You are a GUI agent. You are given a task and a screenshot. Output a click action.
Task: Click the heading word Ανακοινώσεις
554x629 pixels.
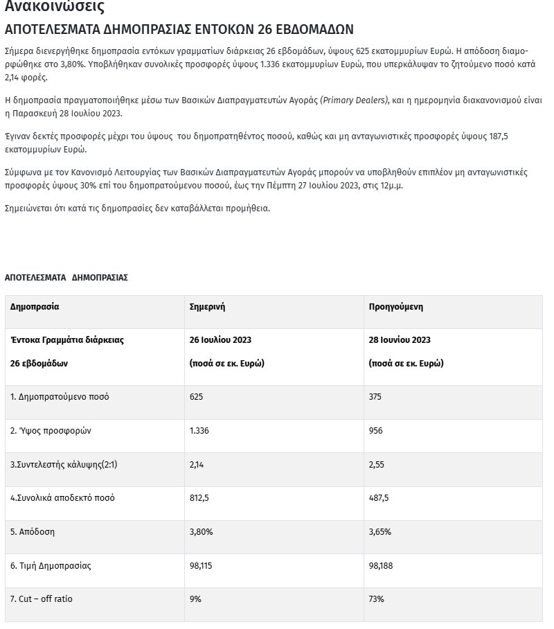click(55, 8)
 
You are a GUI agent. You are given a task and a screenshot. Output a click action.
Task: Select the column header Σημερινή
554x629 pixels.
click(208, 306)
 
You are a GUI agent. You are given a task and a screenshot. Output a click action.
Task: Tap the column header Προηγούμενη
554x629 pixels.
click(396, 306)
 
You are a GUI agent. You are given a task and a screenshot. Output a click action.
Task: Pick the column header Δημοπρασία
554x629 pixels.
click(35, 306)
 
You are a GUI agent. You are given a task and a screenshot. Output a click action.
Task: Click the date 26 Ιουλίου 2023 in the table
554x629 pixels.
click(220, 340)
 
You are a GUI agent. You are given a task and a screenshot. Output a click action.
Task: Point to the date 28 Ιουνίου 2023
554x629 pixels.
click(400, 340)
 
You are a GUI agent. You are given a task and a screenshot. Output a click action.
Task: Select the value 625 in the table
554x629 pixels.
click(197, 397)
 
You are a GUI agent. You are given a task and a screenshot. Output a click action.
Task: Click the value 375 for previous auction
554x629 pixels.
click(376, 397)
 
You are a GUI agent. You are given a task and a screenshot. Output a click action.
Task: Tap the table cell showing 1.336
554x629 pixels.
click(200, 431)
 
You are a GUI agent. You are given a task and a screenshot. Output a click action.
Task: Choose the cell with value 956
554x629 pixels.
click(376, 431)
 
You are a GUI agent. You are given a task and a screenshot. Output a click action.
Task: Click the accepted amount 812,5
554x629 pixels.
click(200, 499)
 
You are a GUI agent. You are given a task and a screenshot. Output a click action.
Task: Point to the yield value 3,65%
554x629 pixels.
click(380, 533)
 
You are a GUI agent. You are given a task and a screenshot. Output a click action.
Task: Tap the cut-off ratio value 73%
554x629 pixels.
click(377, 599)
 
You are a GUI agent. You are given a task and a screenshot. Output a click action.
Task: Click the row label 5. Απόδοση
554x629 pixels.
click(33, 533)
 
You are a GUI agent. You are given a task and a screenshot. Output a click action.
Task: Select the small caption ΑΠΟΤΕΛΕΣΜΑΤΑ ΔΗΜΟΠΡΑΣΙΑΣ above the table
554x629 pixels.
click(66, 277)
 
